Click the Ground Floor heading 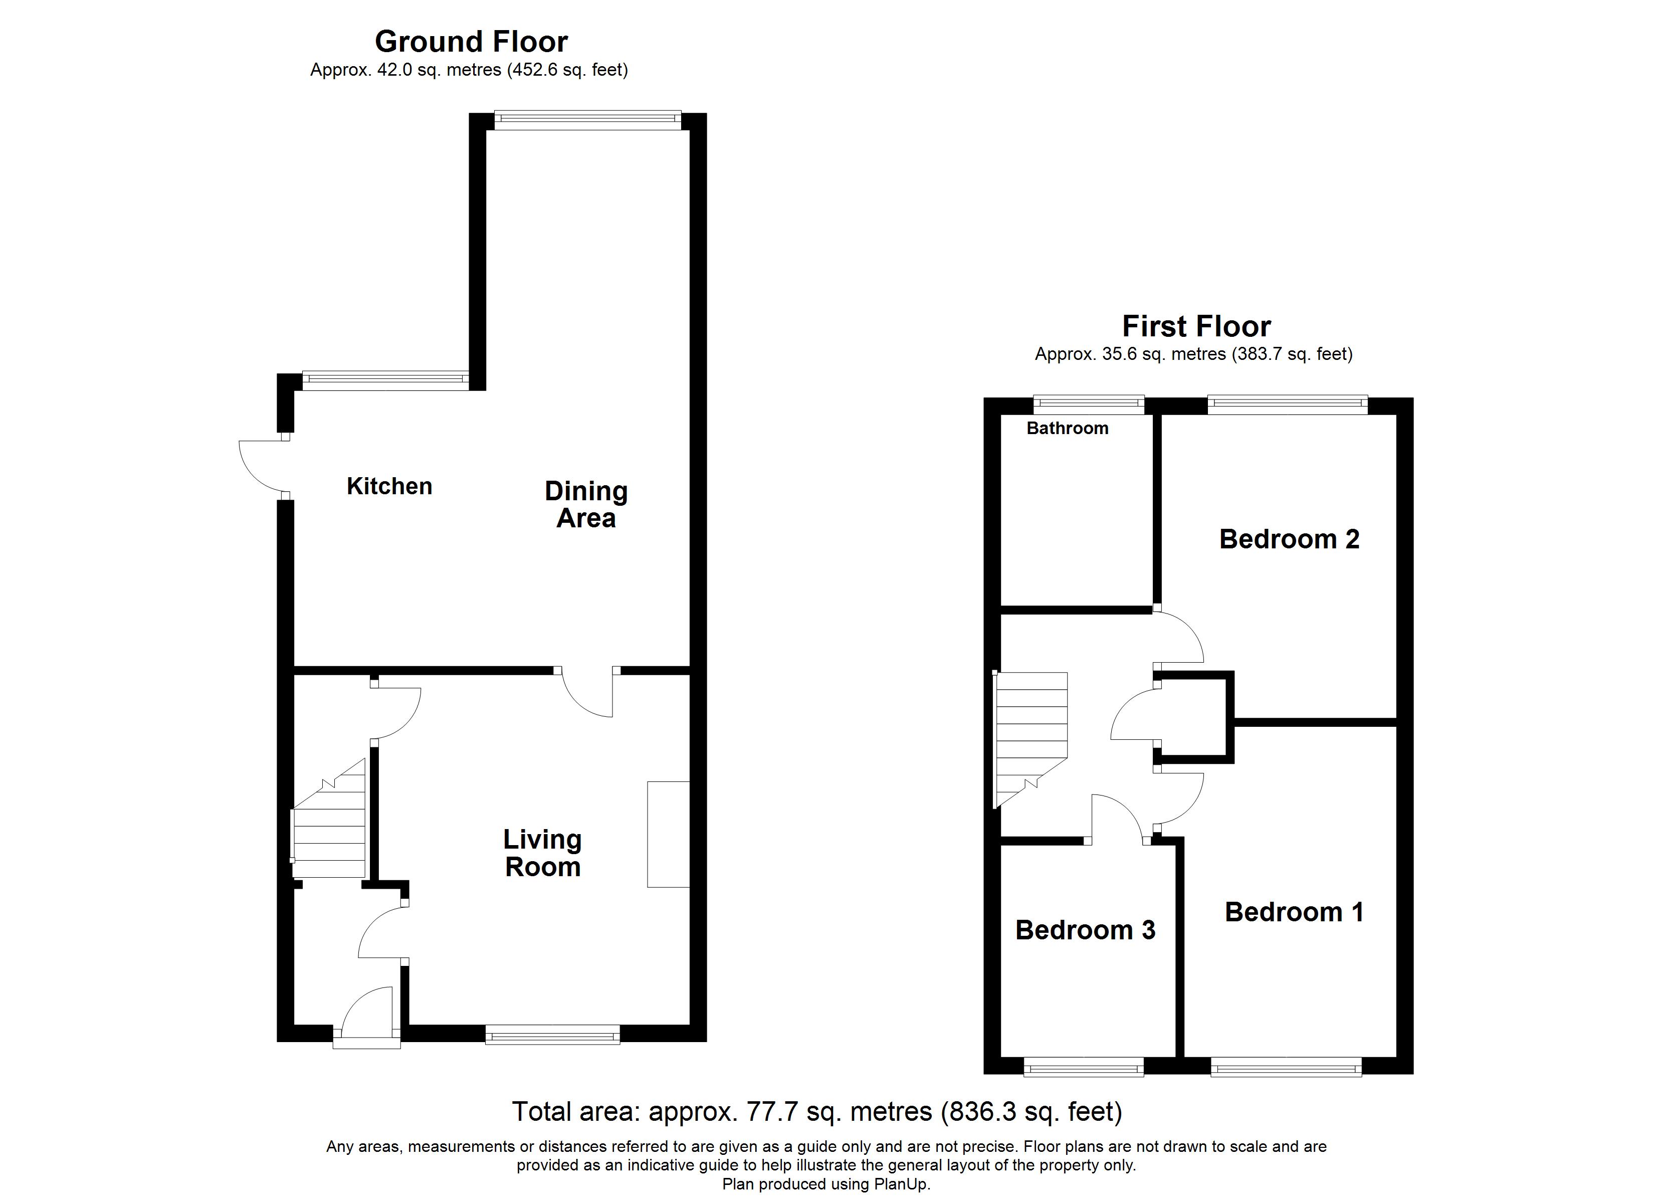coord(471,42)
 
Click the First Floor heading coord(1196,326)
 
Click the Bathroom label coord(1067,428)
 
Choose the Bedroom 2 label coord(1289,539)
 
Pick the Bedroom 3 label coord(1085,930)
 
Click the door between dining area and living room coord(587,693)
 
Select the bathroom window coord(1089,405)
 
